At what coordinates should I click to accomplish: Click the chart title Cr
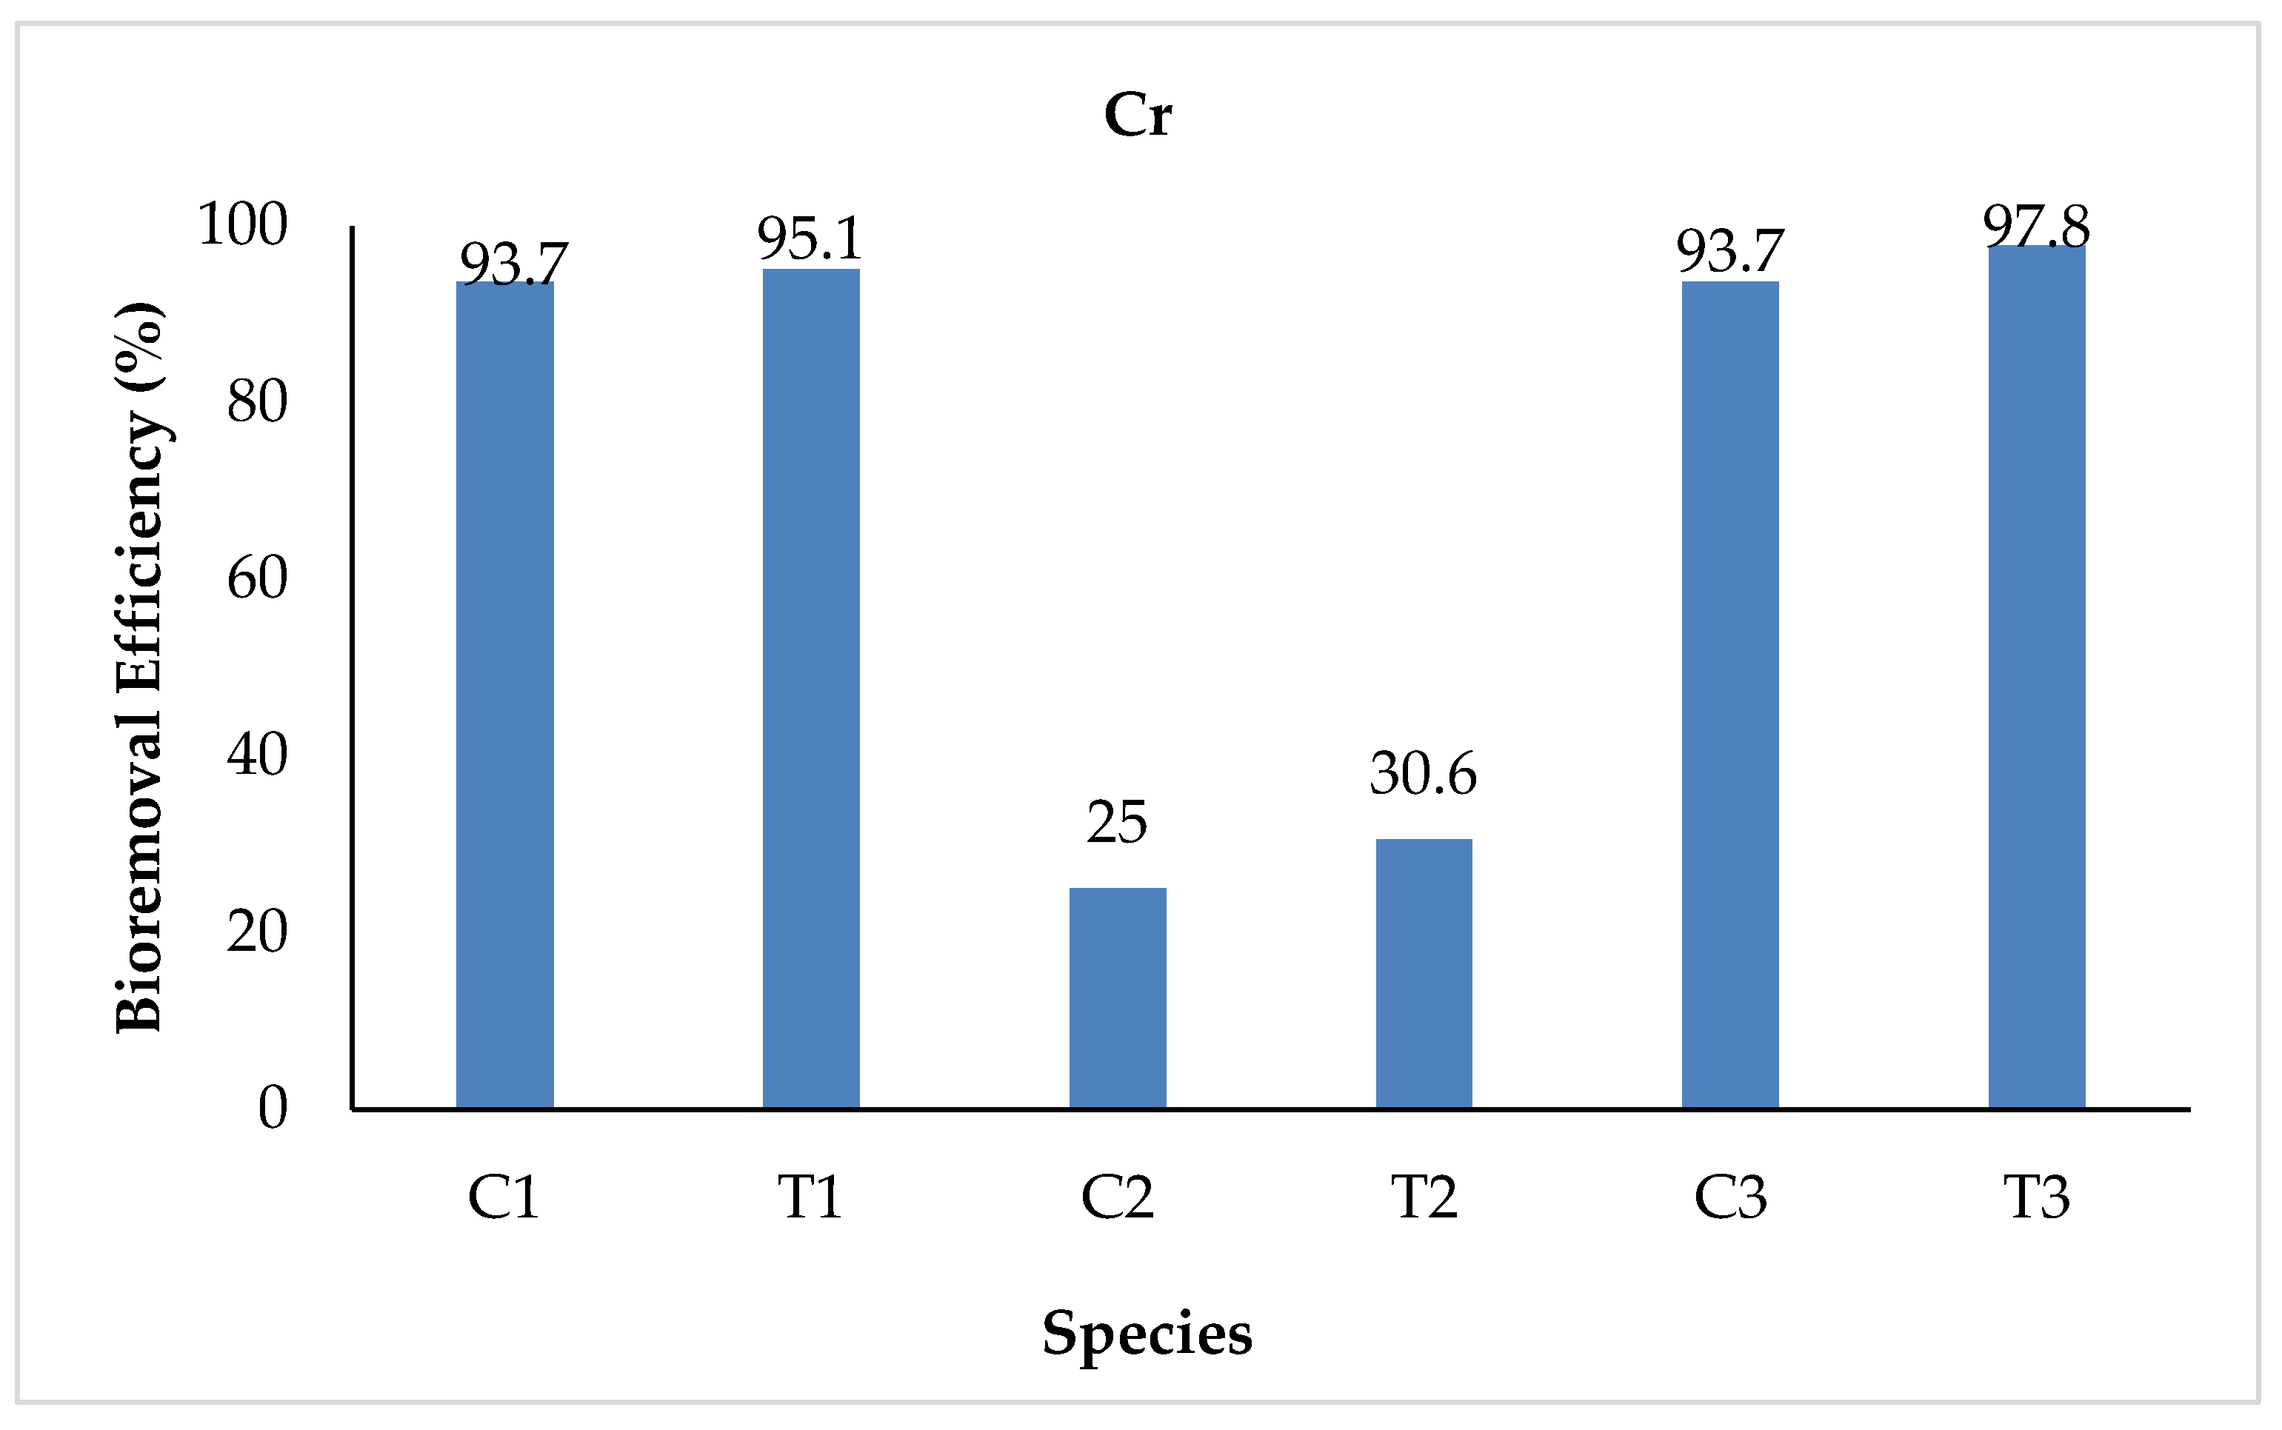(x=1138, y=116)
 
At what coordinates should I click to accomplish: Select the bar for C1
(x=505, y=695)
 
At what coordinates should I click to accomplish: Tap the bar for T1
(x=812, y=689)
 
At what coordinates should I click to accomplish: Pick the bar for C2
(x=1118, y=998)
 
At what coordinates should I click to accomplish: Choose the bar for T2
(x=1424, y=973)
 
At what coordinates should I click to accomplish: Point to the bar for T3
(x=2036, y=677)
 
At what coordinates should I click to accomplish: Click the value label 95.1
(x=810, y=238)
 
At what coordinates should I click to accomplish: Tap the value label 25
(x=1117, y=822)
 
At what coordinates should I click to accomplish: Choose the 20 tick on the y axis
(x=257, y=932)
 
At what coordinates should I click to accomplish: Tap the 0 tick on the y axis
(x=273, y=1108)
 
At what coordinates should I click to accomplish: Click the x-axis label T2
(x=1424, y=1197)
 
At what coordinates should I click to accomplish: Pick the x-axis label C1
(x=504, y=1197)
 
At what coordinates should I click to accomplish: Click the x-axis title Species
(x=1147, y=1334)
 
